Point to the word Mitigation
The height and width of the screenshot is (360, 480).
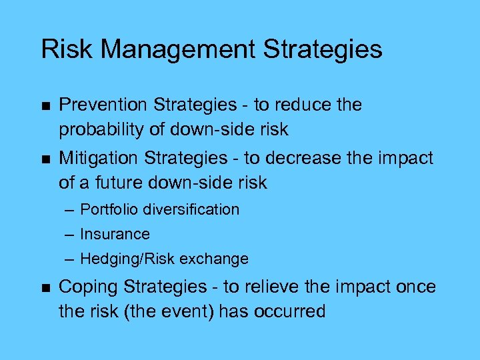(x=99, y=158)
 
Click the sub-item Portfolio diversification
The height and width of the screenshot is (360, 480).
(x=159, y=209)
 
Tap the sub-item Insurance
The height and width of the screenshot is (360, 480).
(x=115, y=234)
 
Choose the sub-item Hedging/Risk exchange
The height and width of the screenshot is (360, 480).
(x=164, y=259)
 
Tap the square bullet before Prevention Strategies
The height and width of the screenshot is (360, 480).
(x=45, y=105)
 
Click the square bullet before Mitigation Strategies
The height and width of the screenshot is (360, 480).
(x=45, y=159)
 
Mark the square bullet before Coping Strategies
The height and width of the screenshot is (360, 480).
(x=45, y=287)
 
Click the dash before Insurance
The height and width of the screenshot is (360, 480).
(x=70, y=235)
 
